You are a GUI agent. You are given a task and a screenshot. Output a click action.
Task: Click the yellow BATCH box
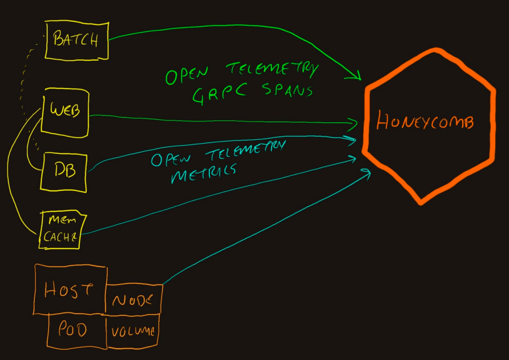[77, 40]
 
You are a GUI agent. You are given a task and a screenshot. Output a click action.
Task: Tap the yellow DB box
[65, 172]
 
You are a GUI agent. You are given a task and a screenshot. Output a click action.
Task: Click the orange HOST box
[70, 290]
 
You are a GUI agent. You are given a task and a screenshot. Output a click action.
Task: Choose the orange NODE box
[133, 299]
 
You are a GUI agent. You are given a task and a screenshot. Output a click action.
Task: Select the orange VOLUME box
[133, 330]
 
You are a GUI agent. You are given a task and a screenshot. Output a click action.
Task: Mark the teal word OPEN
[172, 160]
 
